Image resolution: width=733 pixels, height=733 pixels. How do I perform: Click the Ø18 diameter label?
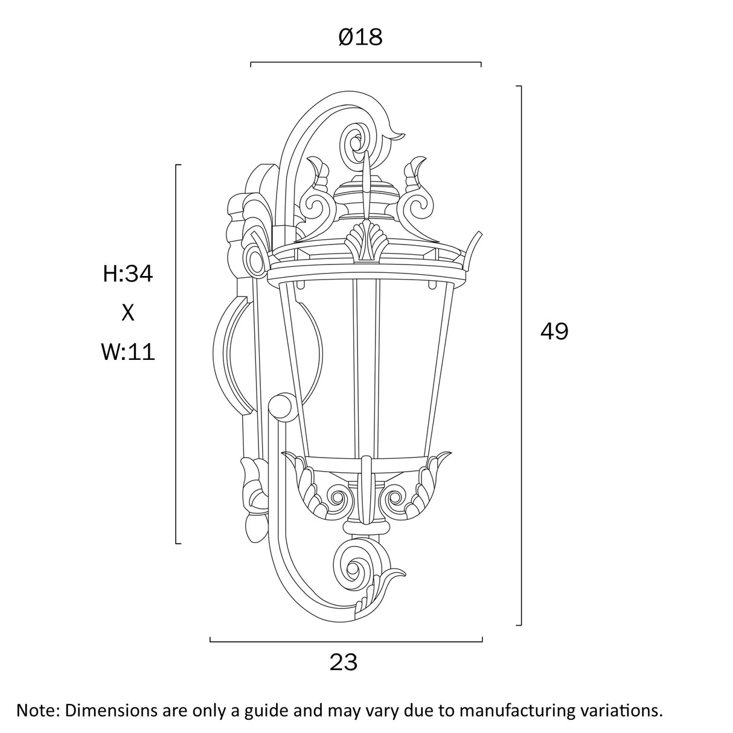tap(360, 37)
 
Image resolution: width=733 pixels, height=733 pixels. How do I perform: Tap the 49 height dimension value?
tap(554, 331)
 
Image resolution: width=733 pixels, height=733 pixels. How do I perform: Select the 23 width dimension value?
tap(344, 662)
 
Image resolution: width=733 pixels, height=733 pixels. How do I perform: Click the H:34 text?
tap(128, 274)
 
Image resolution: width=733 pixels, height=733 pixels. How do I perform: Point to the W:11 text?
tap(128, 351)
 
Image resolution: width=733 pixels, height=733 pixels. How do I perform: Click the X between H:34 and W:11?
tap(128, 313)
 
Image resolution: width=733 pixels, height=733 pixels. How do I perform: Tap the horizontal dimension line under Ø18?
tap(365, 62)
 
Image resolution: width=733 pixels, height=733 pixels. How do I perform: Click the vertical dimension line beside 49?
tap(520, 356)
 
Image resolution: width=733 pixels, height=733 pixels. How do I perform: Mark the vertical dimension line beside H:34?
tap(176, 353)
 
